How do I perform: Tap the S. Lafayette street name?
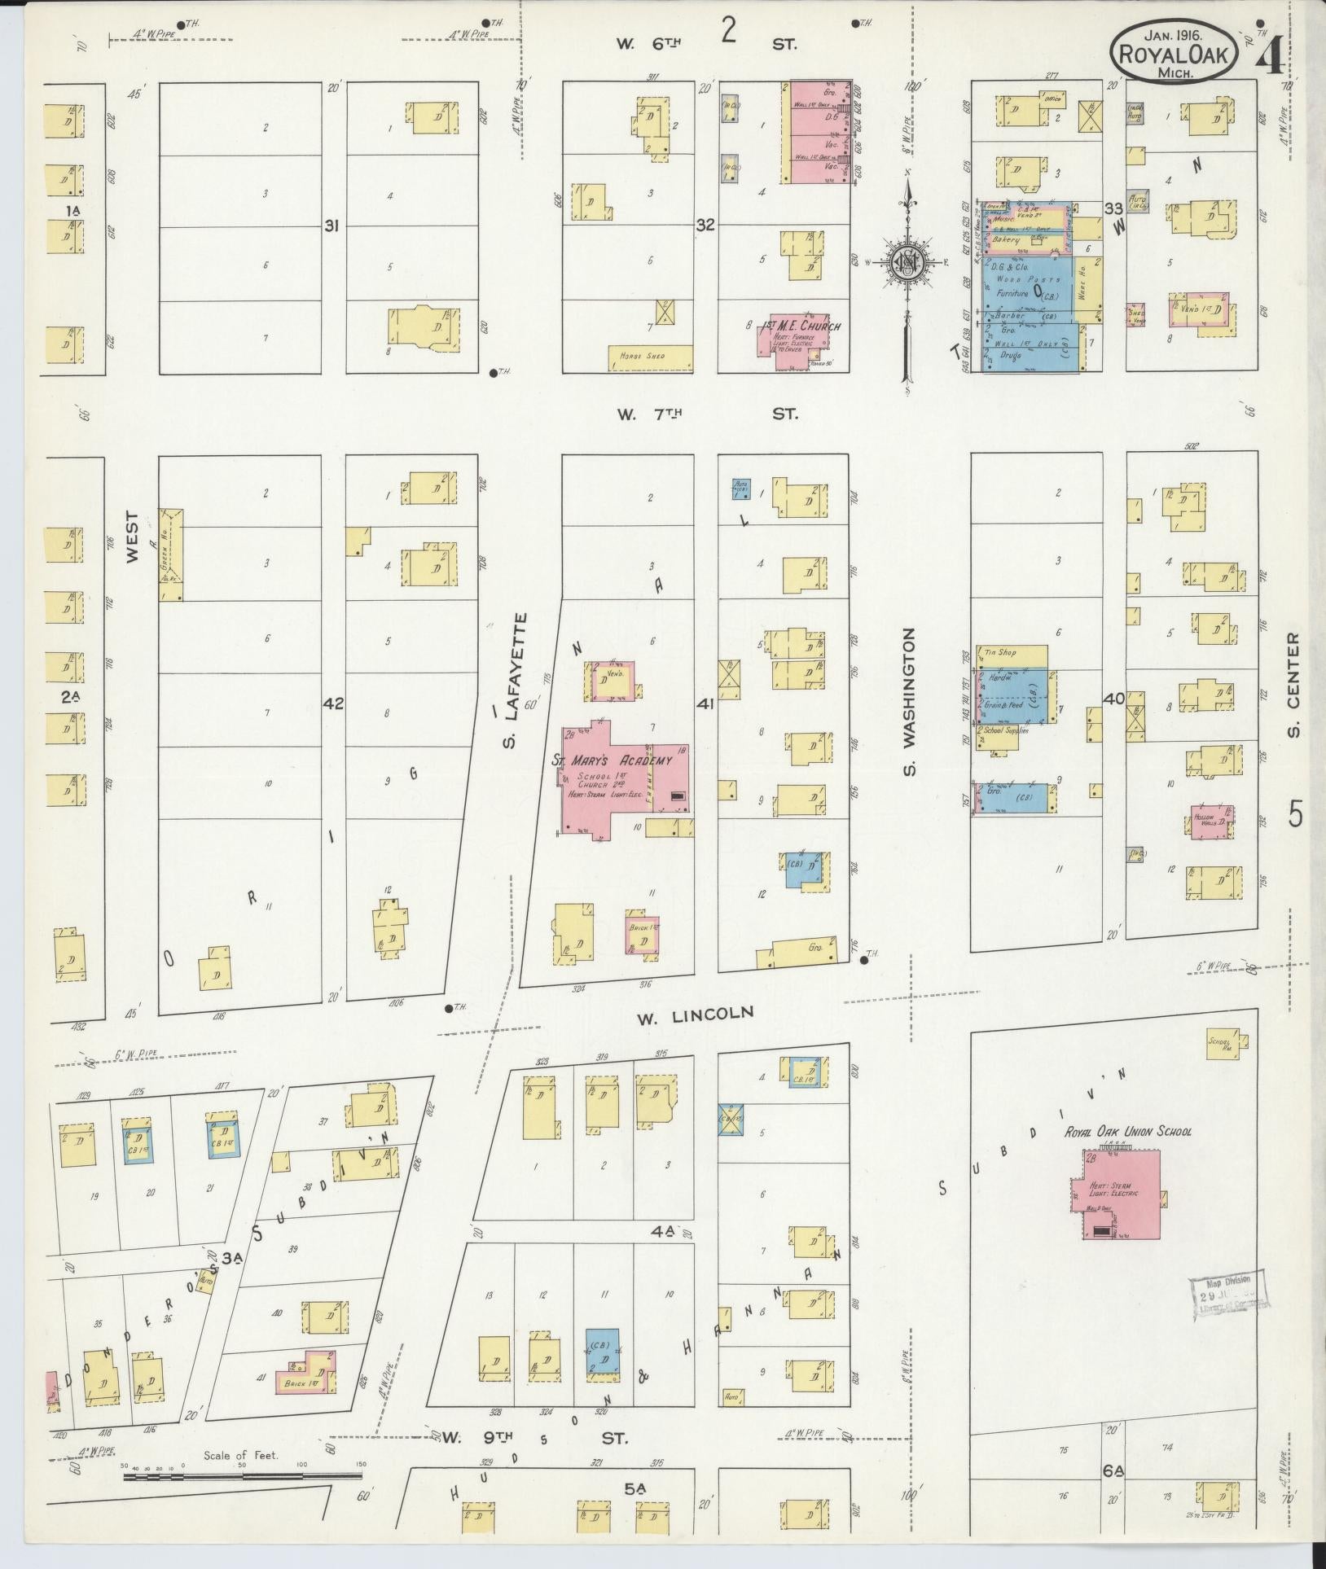(512, 692)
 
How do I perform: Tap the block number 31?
(331, 225)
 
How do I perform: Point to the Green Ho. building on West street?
(171, 555)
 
